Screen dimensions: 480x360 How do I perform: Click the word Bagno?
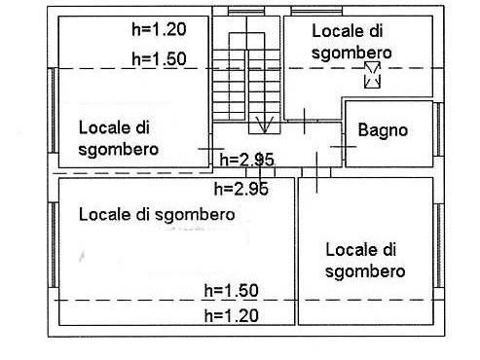click(383, 130)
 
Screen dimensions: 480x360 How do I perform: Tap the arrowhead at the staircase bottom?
click(265, 125)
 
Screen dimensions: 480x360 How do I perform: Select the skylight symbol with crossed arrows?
click(372, 75)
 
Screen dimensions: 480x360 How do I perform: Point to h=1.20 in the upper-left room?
click(159, 29)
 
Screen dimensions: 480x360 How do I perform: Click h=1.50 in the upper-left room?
click(159, 58)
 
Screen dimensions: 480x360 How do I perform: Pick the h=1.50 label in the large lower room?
click(232, 290)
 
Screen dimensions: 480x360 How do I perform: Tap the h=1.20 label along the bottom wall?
click(232, 315)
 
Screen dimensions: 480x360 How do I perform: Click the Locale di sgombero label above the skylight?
click(351, 42)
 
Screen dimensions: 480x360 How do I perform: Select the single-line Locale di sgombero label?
click(157, 215)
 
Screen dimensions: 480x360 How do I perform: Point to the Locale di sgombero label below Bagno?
click(365, 261)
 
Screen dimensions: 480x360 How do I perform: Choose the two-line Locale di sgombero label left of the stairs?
click(119, 138)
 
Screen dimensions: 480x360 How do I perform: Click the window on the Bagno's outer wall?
click(438, 129)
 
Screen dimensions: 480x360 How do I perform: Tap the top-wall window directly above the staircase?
click(246, 12)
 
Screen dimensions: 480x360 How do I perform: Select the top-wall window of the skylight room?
click(316, 12)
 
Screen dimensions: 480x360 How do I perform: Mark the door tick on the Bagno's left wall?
click(344, 147)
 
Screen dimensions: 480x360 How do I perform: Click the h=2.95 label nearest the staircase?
click(246, 160)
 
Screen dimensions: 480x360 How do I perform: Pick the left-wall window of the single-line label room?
click(54, 245)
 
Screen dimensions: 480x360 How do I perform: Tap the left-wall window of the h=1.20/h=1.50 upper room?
click(54, 110)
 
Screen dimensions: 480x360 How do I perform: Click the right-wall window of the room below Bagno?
click(438, 245)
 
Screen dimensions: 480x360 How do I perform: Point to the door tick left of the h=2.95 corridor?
click(211, 149)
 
